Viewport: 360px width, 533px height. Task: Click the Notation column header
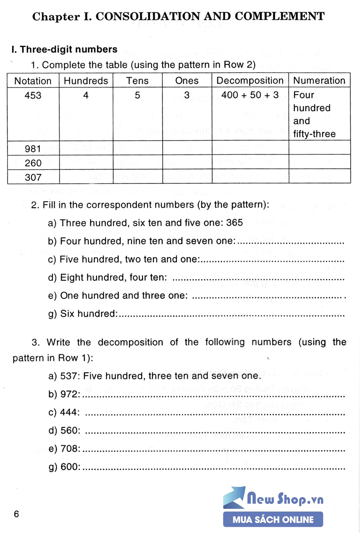coord(33,81)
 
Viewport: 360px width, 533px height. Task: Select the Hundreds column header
coord(86,81)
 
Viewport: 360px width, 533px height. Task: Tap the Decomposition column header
coord(250,81)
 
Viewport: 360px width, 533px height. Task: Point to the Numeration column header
coord(319,81)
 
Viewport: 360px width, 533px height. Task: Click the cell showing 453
coord(33,95)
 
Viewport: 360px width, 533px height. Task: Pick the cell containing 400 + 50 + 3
coord(250,95)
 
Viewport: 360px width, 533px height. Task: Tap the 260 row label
coord(33,163)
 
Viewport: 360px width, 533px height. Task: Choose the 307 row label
coord(33,177)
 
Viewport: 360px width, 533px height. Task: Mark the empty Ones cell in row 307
coord(187,177)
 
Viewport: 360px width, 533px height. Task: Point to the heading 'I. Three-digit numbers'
coord(64,49)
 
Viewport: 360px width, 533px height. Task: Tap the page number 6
coord(16,514)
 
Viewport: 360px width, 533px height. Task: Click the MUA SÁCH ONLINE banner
coord(273,519)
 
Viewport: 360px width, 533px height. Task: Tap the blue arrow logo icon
coord(234,497)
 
